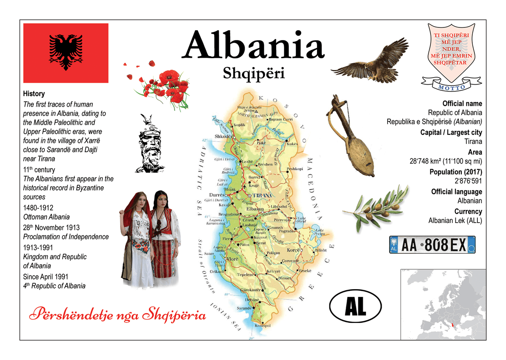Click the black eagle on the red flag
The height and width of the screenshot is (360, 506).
(x=65, y=52)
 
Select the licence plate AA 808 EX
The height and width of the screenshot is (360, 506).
(x=432, y=245)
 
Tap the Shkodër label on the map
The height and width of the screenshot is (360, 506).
(x=223, y=137)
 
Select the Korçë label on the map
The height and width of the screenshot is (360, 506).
(x=293, y=250)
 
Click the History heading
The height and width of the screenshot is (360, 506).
(x=34, y=94)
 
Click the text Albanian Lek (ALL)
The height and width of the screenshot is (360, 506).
(x=455, y=220)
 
